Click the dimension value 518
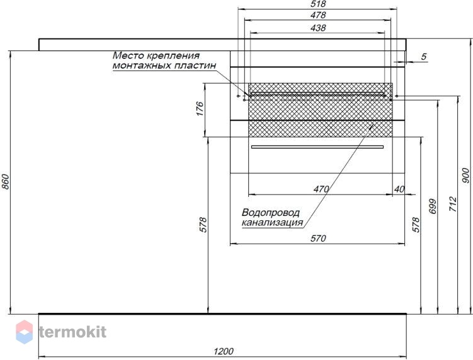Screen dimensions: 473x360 click(x=318, y=4)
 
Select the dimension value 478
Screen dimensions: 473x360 click(x=318, y=14)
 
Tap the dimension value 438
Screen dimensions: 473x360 click(x=318, y=28)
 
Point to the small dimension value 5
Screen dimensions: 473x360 click(x=424, y=57)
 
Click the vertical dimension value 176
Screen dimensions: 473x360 click(x=200, y=108)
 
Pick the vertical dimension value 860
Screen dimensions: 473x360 click(x=6, y=182)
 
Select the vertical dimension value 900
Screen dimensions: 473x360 click(x=466, y=176)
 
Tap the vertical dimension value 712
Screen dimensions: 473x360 click(x=453, y=204)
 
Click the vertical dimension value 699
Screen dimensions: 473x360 click(x=433, y=206)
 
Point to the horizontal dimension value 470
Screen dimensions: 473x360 click(x=321, y=189)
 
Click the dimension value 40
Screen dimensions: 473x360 click(x=399, y=189)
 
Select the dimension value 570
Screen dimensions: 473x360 click(x=318, y=239)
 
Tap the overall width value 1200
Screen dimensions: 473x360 click(x=224, y=351)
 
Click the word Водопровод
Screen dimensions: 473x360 click(x=271, y=213)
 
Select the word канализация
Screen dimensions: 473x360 click(x=272, y=223)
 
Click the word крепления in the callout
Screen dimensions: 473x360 click(x=173, y=56)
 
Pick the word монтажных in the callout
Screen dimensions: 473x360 click(x=139, y=65)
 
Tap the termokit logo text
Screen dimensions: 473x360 click(x=72, y=332)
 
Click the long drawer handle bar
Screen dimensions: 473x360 click(x=317, y=147)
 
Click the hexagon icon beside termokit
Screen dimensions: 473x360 click(x=24, y=332)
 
